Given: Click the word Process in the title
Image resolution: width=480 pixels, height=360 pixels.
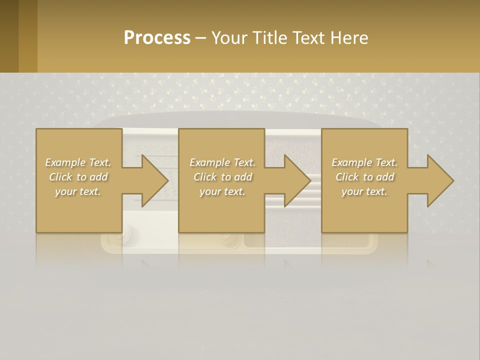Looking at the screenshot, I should (157, 38).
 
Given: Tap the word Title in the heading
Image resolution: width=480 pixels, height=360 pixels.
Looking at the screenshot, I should (270, 38).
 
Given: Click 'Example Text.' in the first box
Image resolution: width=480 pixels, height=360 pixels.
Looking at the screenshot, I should (78, 162).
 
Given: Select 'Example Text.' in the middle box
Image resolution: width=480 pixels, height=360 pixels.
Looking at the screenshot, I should (222, 162).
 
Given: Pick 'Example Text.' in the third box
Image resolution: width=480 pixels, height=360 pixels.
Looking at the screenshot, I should (364, 162).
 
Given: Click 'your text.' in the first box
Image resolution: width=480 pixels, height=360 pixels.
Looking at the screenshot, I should (78, 191).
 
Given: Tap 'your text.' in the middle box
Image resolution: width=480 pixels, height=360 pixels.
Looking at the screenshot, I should (222, 191).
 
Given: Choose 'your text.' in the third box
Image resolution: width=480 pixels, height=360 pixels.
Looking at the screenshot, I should (364, 191).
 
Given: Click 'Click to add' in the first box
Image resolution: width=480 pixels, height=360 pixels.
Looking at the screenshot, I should (78, 177).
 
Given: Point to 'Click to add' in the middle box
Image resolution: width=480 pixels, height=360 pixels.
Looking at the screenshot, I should (222, 177).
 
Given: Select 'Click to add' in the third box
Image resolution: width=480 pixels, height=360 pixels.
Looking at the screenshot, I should (364, 177).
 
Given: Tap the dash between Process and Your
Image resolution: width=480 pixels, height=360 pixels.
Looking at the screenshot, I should (200, 38).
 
